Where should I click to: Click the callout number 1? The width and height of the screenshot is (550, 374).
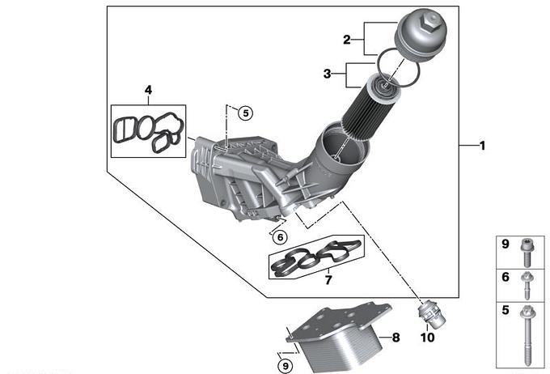pos(483,146)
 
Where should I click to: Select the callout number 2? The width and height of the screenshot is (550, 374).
pos(346,40)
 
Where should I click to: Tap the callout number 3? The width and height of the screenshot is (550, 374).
pos(327,74)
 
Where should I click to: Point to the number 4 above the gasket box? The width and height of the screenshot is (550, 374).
pos(148,90)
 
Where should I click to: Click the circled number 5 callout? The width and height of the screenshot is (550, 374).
pos(246,113)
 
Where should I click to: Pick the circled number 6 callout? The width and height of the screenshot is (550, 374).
pos(281,237)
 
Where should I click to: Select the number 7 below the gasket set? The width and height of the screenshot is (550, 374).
pos(328,280)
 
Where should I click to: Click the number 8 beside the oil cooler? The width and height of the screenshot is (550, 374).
pos(396,338)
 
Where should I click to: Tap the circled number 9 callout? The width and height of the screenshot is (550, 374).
pos(286,366)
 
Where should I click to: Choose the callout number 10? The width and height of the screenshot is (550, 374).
pos(427,338)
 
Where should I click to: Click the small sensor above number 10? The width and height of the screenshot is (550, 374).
pos(431,315)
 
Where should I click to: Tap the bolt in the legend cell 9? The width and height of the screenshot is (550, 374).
pos(527,253)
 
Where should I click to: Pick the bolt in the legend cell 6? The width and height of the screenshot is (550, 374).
pos(527,285)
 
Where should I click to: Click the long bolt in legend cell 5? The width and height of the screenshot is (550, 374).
pos(527,335)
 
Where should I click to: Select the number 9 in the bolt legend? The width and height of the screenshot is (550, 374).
pos(505,244)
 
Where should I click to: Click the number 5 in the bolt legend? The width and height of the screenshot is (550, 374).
pos(505,310)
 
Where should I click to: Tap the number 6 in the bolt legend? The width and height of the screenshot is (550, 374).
pos(505,277)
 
